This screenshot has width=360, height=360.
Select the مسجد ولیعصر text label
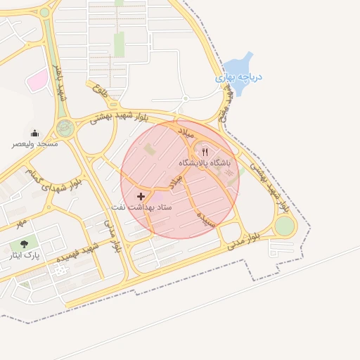click(x=34, y=144)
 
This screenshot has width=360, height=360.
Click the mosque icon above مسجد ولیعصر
click(x=34, y=134)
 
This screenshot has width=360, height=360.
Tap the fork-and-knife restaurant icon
click(x=205, y=151)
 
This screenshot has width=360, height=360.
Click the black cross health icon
click(x=141, y=196)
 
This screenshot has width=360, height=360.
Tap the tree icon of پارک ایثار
click(x=24, y=244)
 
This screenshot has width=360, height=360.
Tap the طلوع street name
click(x=101, y=89)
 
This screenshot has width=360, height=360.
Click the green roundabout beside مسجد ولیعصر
click(x=65, y=128)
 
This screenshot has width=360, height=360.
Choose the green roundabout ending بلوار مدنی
click(x=284, y=226)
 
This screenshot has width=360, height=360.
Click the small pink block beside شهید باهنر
click(x=37, y=81)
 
